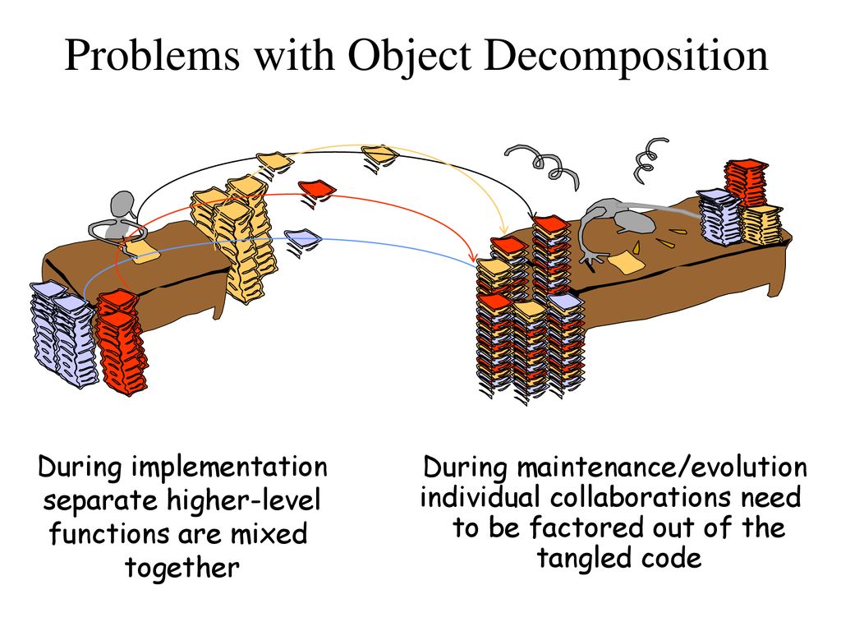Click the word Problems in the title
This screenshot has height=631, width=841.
click(152, 55)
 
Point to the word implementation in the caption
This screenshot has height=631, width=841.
click(230, 467)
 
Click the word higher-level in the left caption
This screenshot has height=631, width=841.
click(243, 501)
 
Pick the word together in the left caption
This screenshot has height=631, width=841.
click(182, 568)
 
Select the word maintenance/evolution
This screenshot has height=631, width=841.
click(662, 467)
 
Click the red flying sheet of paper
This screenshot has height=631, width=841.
click(317, 188)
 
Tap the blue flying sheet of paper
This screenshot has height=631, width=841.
click(303, 237)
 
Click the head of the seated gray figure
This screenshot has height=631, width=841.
click(122, 204)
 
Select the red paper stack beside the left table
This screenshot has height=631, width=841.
click(121, 343)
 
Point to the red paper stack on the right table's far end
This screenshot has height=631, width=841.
click(746, 182)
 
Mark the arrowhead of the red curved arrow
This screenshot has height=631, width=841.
click(473, 257)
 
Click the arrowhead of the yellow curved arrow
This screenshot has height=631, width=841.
click(503, 230)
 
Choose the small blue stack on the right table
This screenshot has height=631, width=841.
click(719, 217)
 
